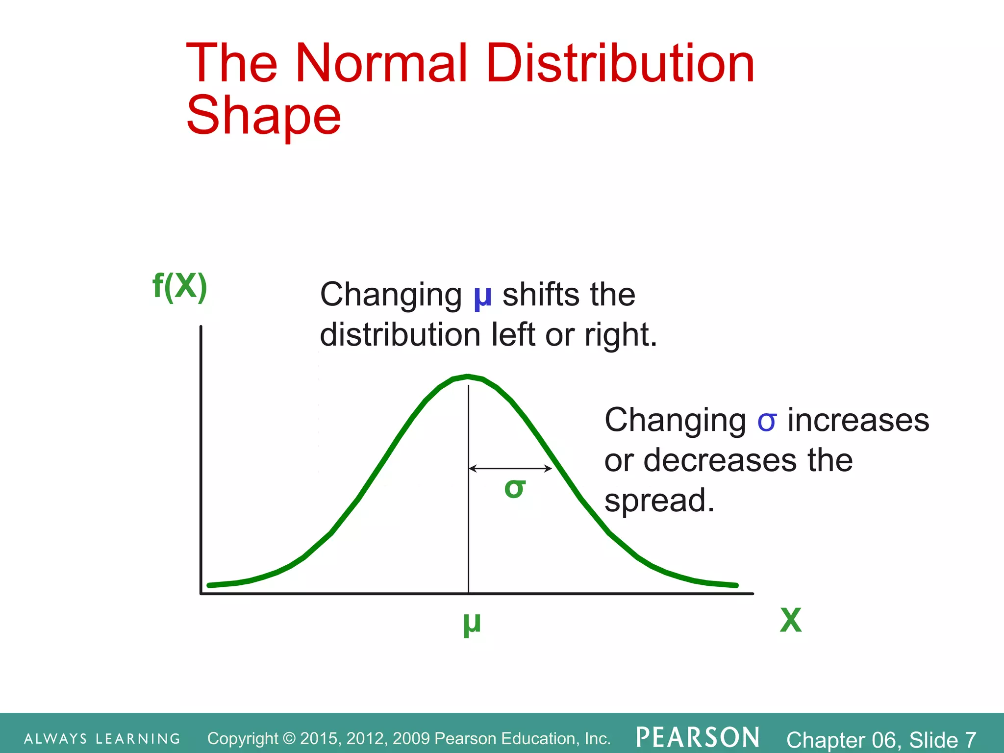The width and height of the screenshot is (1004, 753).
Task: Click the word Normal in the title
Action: coord(381,64)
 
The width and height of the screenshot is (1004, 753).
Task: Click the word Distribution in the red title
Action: coord(620,64)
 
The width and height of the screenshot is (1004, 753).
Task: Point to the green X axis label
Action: coord(790,621)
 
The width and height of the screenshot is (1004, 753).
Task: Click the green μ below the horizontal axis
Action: coord(472,624)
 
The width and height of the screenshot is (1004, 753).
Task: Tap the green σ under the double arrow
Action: coord(515,488)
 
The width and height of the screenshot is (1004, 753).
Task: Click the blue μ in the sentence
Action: coord(482,297)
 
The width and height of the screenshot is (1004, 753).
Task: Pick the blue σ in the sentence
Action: coord(767,421)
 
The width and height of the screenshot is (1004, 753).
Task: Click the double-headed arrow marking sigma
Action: coord(510,469)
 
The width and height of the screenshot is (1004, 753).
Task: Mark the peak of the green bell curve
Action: coord(468,377)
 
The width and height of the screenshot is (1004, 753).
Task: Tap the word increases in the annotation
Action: coord(858,421)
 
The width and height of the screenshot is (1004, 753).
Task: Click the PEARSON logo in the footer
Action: coord(698,738)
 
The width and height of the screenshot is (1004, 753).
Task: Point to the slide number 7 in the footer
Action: coord(970,740)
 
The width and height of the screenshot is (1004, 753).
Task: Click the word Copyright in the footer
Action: coord(243,739)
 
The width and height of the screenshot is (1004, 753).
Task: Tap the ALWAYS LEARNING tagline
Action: coord(102,739)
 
